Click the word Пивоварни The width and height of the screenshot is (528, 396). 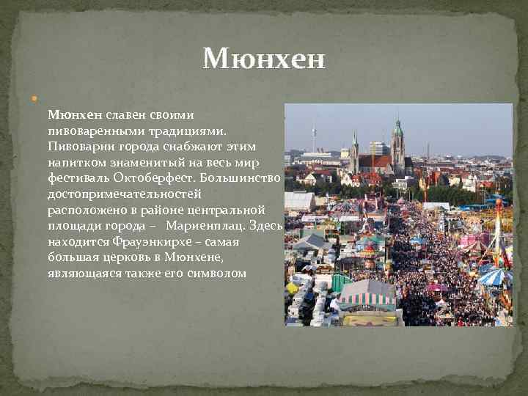78,146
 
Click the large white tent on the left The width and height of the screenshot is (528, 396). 298,200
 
